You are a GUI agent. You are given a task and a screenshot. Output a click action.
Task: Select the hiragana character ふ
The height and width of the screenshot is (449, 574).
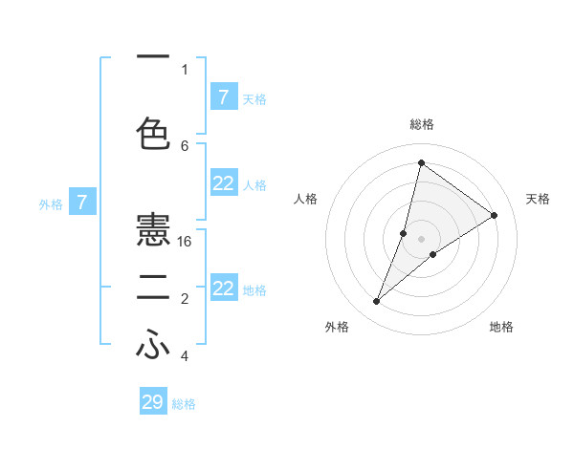153,346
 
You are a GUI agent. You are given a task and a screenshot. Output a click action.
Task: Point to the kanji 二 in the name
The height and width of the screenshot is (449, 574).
153,289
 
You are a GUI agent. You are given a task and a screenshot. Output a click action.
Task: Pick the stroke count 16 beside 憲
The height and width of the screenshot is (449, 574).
186,242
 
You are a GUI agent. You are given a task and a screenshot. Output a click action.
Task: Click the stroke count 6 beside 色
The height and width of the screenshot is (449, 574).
185,145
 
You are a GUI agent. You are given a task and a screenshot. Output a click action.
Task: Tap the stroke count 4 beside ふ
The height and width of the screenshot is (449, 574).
185,356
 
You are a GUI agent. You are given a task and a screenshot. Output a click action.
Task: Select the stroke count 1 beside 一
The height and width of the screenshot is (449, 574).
185,70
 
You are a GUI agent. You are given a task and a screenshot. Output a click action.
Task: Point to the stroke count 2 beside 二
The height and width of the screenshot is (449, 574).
185,299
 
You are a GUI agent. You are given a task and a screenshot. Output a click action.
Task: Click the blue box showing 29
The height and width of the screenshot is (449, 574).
153,402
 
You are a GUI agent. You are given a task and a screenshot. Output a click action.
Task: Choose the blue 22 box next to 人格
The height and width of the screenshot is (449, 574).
223,184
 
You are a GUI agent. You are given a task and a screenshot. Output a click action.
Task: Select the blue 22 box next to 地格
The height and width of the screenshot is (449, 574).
223,289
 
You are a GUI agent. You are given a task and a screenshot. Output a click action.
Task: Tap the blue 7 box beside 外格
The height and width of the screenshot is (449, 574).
82,203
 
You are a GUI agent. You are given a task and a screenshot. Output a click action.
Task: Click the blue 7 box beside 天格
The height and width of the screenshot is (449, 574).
223,96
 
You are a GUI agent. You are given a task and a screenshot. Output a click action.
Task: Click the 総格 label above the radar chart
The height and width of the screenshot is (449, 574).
421,124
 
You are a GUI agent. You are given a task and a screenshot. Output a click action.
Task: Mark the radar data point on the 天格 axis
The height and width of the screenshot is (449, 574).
495,215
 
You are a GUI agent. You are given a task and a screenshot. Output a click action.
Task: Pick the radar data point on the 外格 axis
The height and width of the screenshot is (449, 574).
377,302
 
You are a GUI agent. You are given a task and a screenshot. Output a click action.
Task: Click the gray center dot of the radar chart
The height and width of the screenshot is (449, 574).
421,238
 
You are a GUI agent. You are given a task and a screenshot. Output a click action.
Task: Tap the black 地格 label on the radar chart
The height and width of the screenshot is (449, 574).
501,327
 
